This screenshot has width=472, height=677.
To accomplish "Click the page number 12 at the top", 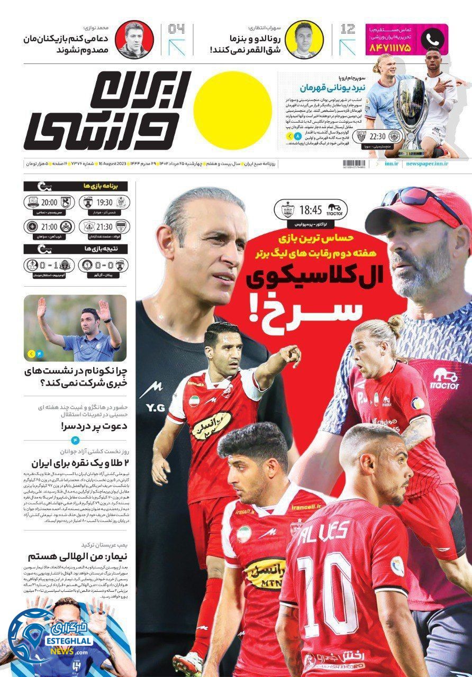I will [348, 30].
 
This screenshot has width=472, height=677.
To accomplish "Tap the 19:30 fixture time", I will [104, 202].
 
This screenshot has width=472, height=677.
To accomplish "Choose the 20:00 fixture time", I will [49, 202].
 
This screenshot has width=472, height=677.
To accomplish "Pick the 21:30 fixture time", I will [104, 227].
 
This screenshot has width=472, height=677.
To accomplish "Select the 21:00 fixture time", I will [49, 227].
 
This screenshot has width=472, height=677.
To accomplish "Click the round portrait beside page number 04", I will [135, 40].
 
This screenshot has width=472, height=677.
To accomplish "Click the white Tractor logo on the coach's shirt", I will [445, 379].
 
